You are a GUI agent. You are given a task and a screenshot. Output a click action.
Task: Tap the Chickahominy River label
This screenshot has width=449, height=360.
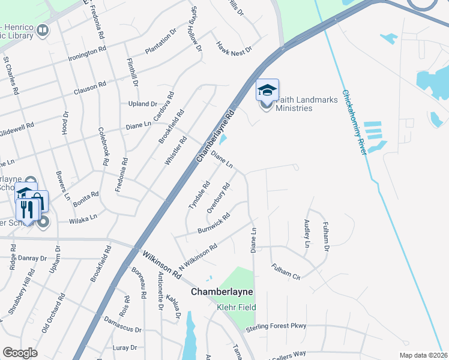tap(354, 122)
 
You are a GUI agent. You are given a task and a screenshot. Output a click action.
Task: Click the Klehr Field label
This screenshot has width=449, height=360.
tap(237, 307)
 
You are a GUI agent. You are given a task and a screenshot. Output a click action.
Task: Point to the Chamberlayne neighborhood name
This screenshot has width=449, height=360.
tap(222, 292)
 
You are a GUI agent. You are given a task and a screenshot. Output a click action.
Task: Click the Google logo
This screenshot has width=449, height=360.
tap(20, 352)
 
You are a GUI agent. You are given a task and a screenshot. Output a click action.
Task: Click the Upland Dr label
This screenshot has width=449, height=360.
tap(142, 104)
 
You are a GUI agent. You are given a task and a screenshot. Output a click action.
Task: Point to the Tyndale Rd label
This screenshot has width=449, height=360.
tap(199, 195)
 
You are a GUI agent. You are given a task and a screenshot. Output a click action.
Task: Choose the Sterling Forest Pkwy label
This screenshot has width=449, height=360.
tap(276, 326)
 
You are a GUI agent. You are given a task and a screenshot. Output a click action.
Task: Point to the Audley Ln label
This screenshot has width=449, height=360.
tap(307, 233)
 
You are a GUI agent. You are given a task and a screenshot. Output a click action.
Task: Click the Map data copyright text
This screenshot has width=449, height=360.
tap(424, 355)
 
